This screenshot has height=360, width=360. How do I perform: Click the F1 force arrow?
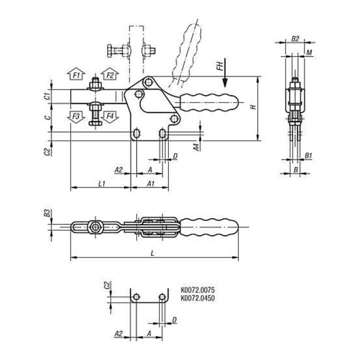pos(76,73)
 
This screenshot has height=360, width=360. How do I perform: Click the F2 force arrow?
pos(109,73)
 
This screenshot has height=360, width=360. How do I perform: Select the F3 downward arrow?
pos(76,117)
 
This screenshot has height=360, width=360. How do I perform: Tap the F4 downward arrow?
pos(109,117)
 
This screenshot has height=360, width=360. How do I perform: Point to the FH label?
pos(220,66)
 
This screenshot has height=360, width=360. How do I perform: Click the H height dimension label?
pos(253,107)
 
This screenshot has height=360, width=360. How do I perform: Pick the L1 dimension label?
pos(101,183)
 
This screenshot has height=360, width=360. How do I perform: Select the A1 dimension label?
pos(150,183)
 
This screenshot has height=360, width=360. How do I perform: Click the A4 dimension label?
pos(196,147)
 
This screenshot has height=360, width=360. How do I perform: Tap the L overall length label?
pos(152,253)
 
